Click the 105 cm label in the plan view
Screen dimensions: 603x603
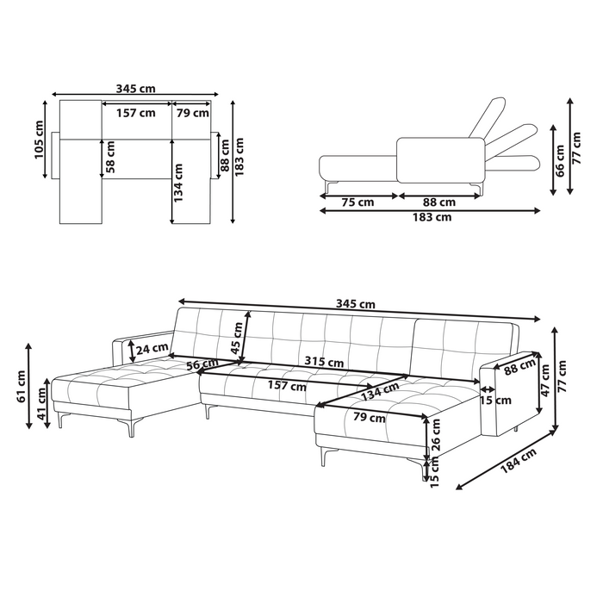pos(39,139)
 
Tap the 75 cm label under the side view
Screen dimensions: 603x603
pos(357,202)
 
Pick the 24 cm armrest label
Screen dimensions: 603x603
pos(152,349)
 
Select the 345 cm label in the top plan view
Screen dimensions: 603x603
pos(136,87)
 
